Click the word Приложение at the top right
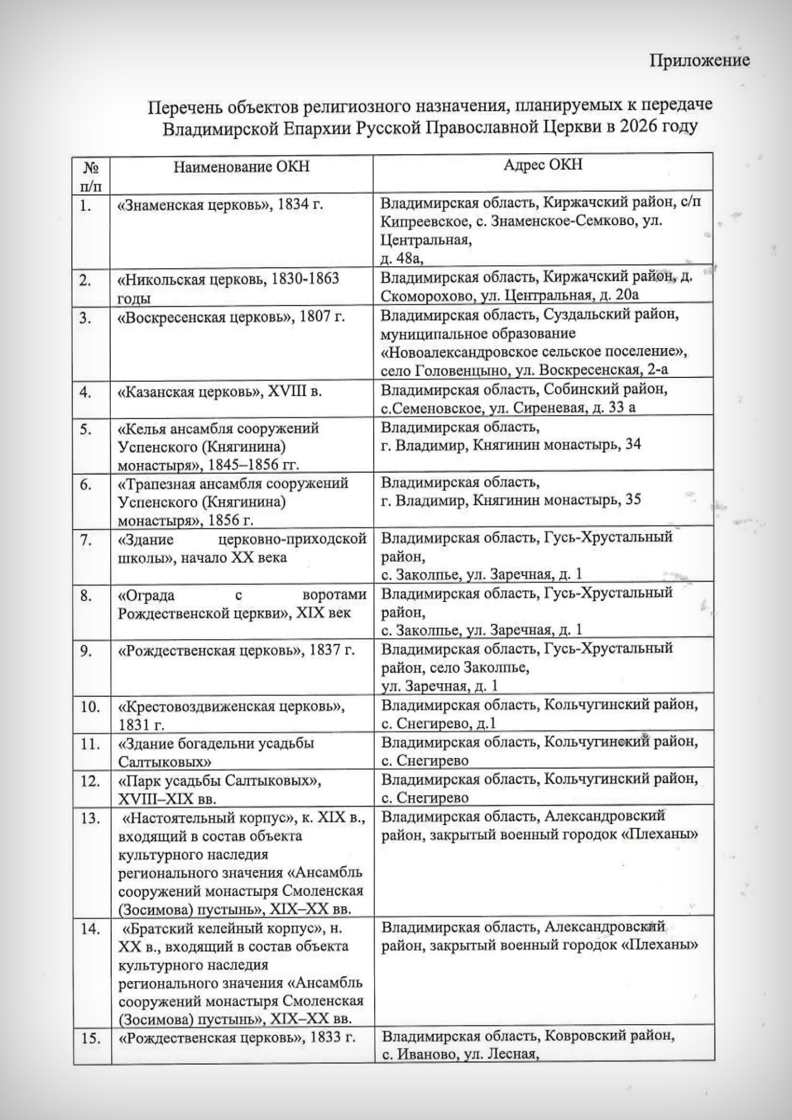coord(700,60)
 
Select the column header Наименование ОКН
coord(241,167)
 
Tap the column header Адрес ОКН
coord(542,165)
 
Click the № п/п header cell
coord(91,175)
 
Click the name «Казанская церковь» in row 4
coord(190,392)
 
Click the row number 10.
coord(90,707)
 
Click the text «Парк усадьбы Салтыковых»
coord(220,781)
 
